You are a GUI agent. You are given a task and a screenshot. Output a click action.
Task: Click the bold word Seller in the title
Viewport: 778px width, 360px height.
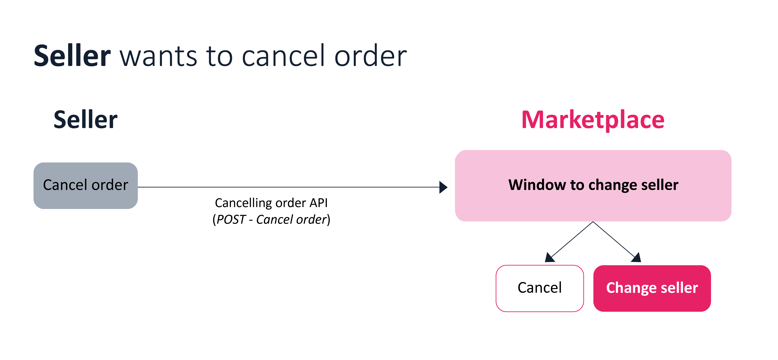pos(72,56)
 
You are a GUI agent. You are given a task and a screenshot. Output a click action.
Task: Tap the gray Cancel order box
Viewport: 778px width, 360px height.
pos(85,185)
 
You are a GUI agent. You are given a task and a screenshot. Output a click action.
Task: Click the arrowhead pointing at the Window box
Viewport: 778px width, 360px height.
pos(443,187)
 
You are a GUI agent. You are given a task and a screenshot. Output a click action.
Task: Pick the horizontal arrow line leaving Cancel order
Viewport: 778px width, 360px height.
pos(287,187)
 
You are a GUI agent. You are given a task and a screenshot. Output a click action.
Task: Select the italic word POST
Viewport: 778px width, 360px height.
pos(231,220)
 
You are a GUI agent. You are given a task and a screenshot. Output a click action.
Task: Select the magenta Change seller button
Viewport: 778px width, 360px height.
pos(652,288)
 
